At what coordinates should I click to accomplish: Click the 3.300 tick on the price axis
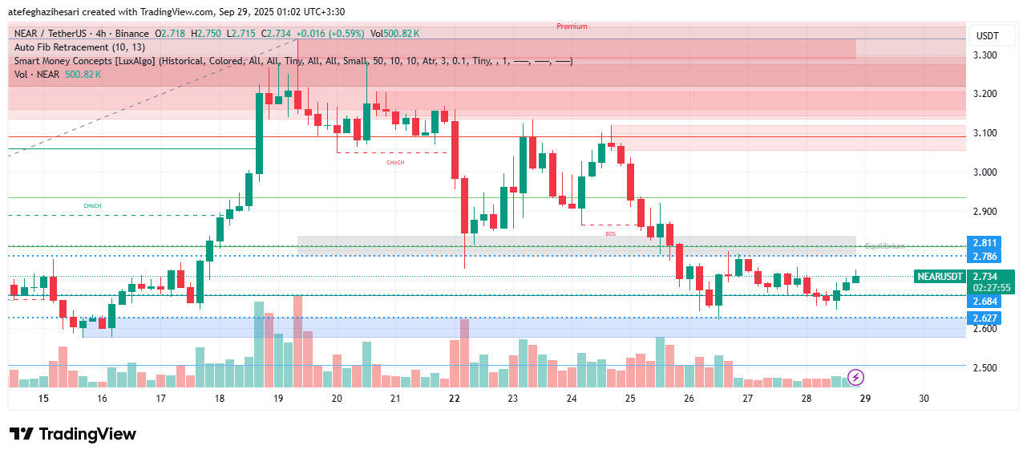(x=985, y=55)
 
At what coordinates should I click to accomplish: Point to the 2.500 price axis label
(x=985, y=368)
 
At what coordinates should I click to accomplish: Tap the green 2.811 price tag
(x=985, y=242)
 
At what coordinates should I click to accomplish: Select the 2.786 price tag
(x=985, y=257)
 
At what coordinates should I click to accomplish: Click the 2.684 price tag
(x=985, y=302)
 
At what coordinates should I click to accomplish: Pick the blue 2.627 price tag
(x=985, y=318)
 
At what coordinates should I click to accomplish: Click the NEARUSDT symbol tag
(x=940, y=277)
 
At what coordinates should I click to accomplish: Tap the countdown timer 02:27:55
(x=991, y=287)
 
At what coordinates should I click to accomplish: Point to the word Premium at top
(x=572, y=26)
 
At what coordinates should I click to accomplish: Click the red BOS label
(x=611, y=233)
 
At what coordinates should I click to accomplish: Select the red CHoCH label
(x=395, y=162)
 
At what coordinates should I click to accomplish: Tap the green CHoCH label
(x=92, y=206)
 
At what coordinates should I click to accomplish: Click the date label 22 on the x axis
(x=454, y=399)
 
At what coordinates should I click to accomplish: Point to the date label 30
(x=924, y=399)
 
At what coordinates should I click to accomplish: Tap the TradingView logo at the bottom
(x=73, y=434)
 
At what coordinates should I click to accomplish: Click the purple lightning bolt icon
(x=855, y=377)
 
